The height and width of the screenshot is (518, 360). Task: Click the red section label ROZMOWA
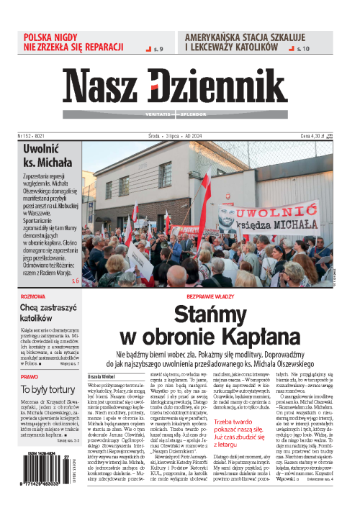pyautogui.click(x=34, y=295)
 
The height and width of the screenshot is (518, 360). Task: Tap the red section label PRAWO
pyautogui.click(x=30, y=376)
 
